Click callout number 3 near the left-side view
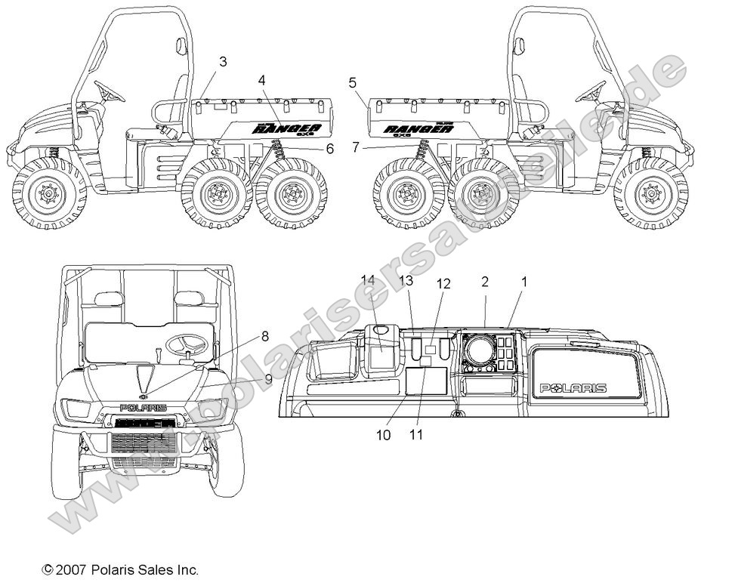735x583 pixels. (x=223, y=62)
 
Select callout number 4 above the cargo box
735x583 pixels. (x=261, y=79)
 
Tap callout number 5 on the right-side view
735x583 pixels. (x=353, y=83)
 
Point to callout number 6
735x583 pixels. (x=329, y=149)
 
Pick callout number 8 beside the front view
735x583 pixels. (x=265, y=335)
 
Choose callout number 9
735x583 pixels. (x=268, y=378)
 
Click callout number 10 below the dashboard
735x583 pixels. (x=384, y=436)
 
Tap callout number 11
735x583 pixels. (x=416, y=435)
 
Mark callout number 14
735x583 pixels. (x=368, y=280)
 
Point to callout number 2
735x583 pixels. (x=485, y=282)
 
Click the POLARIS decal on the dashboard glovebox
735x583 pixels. (x=573, y=388)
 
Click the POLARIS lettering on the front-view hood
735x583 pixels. (x=144, y=408)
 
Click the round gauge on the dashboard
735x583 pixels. (x=478, y=350)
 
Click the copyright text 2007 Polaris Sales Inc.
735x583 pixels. (x=121, y=569)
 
